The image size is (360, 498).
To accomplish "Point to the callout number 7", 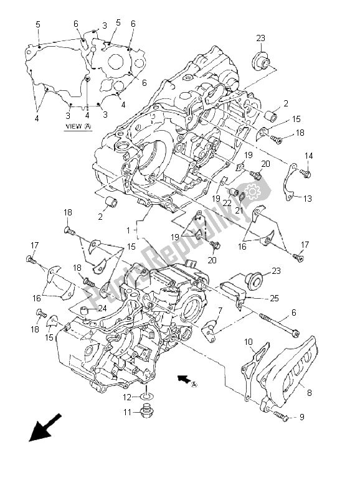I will [x=220, y=310].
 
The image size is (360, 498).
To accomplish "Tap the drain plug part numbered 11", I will [x=146, y=412].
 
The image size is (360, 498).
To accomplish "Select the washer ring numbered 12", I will [x=146, y=396].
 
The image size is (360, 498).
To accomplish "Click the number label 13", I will [x=308, y=198].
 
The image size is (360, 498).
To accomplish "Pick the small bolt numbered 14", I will [x=305, y=174].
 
